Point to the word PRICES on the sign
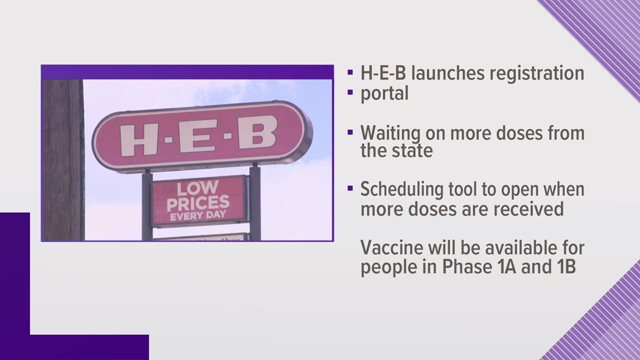point(198,202)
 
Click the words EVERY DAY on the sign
point(198,215)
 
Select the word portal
point(385,93)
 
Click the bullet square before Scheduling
point(350,188)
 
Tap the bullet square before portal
point(350,92)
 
